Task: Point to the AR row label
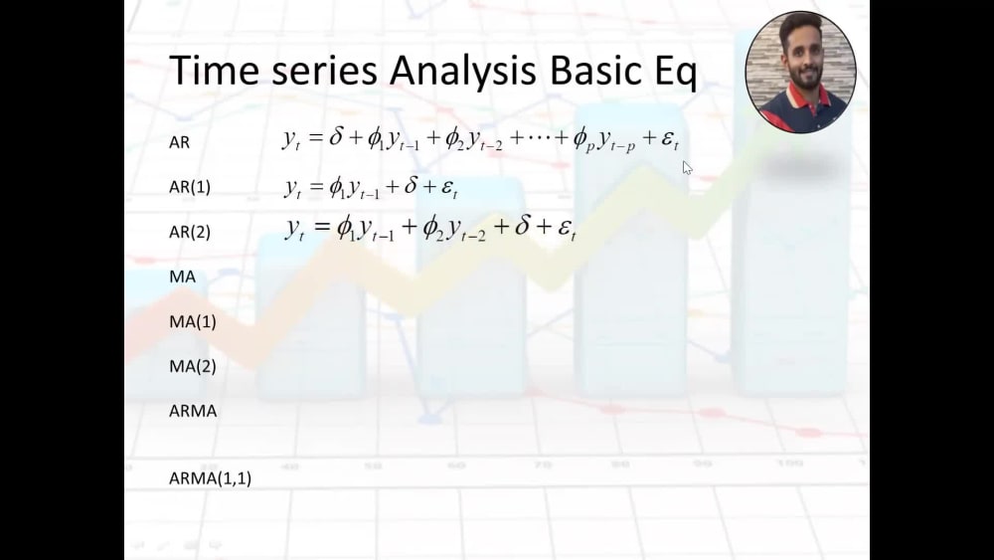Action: coord(179,142)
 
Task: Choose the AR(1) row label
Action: coord(190,187)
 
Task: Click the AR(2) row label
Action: coord(190,232)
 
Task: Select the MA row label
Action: coord(182,277)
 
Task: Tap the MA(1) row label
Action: coord(193,321)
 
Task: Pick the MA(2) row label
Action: coord(193,366)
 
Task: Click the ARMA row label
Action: coord(193,410)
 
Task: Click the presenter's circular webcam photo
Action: coord(800,73)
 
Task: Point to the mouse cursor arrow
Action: coord(687,167)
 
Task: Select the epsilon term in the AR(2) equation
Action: coord(568,231)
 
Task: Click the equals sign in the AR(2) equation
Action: coord(320,230)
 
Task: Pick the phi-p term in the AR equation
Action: coord(584,140)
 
